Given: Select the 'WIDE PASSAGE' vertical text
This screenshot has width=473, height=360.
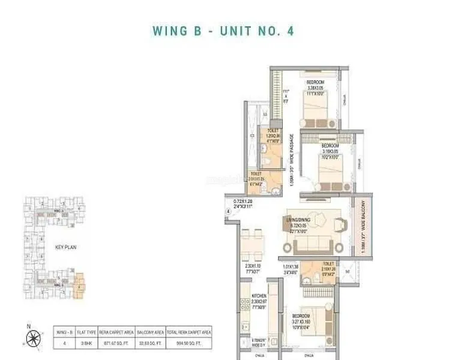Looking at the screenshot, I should (x=291, y=159).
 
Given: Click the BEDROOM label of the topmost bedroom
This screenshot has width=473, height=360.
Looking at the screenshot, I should (x=315, y=82).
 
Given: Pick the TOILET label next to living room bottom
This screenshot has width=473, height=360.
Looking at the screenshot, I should (x=328, y=263).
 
